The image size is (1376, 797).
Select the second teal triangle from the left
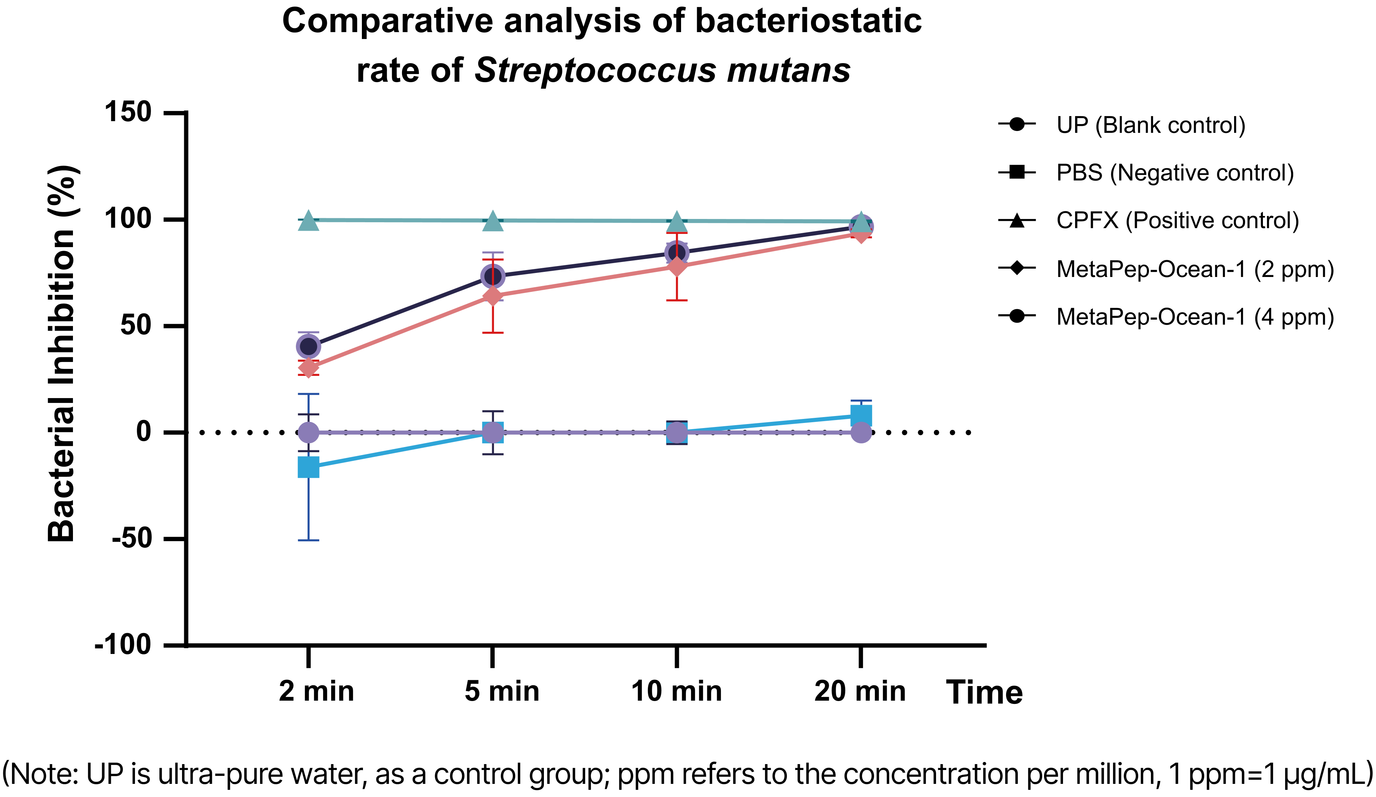492,222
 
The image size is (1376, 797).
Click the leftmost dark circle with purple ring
309,346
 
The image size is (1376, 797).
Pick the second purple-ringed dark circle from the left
492,276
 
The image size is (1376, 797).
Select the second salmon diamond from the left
492,296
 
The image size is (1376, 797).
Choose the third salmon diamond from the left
677,266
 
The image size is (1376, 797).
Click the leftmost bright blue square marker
309,467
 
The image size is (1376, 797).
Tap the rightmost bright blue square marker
861,416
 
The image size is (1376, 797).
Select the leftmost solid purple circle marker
309,433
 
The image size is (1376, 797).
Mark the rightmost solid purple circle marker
861,433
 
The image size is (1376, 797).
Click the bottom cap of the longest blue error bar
309,540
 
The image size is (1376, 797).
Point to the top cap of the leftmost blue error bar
309,394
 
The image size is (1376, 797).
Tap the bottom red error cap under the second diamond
492,333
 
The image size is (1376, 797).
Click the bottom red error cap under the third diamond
677,300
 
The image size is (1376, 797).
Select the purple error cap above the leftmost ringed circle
309,332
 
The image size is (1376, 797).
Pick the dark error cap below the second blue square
492,454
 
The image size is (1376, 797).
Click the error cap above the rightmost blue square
861,401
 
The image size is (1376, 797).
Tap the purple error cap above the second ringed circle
492,253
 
